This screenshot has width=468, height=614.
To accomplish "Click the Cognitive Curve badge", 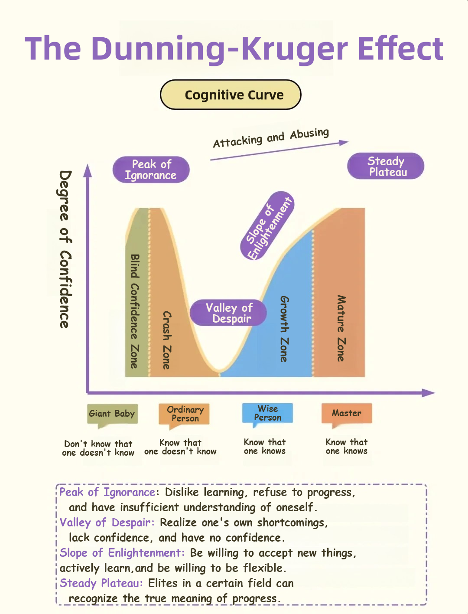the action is pyautogui.click(x=231, y=95).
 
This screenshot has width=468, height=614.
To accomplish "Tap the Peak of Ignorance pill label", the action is pyautogui.click(x=151, y=170).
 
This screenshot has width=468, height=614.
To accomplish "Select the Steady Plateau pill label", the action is pyautogui.click(x=386, y=166).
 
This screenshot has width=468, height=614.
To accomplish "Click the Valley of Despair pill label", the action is pyautogui.click(x=228, y=313).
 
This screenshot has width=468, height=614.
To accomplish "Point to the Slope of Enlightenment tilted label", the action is pyautogui.click(x=267, y=226).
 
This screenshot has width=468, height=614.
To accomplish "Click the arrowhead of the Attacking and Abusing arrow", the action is pyautogui.click(x=344, y=143).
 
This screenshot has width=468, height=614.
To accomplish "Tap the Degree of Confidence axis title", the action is pyautogui.click(x=65, y=249).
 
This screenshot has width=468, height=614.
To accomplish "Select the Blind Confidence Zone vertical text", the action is pyautogui.click(x=135, y=311).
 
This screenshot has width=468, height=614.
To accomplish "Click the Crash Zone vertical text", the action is pyautogui.click(x=167, y=340).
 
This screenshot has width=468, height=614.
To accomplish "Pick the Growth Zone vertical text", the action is pyautogui.click(x=284, y=329).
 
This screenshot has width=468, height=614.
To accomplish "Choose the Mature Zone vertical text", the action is pyautogui.click(x=341, y=328).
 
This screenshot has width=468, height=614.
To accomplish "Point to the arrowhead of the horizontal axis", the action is pyautogui.click(x=428, y=393).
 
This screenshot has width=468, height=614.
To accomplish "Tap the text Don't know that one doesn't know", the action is pyautogui.click(x=98, y=448).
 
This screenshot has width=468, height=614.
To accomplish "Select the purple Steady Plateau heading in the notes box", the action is pyautogui.click(x=101, y=583).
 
